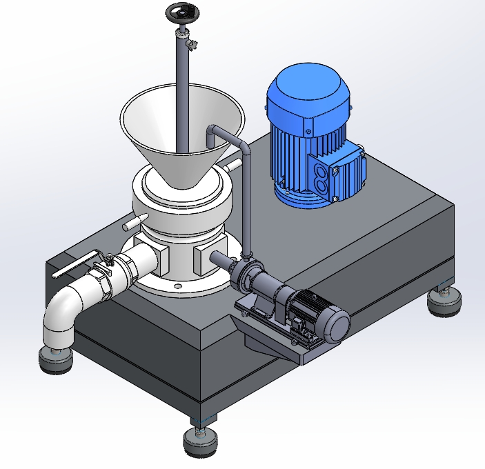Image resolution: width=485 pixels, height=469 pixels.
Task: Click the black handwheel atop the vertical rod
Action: pyautogui.click(x=181, y=12)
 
